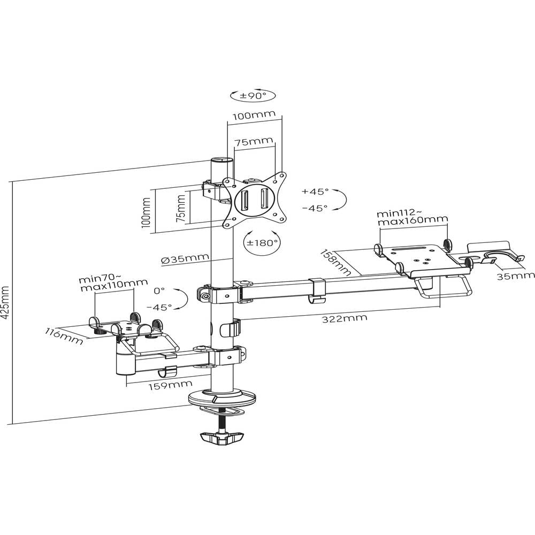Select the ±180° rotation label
tap(261, 242)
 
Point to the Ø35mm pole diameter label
tap(184, 259)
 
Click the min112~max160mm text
tap(412, 216)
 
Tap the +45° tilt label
tap(315, 191)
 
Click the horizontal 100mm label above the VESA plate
tap(254, 115)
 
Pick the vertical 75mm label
tap(181, 208)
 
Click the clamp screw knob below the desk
tap(221, 438)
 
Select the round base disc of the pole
tap(223, 398)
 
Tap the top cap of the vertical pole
tap(221, 159)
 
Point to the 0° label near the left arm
tap(159, 291)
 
